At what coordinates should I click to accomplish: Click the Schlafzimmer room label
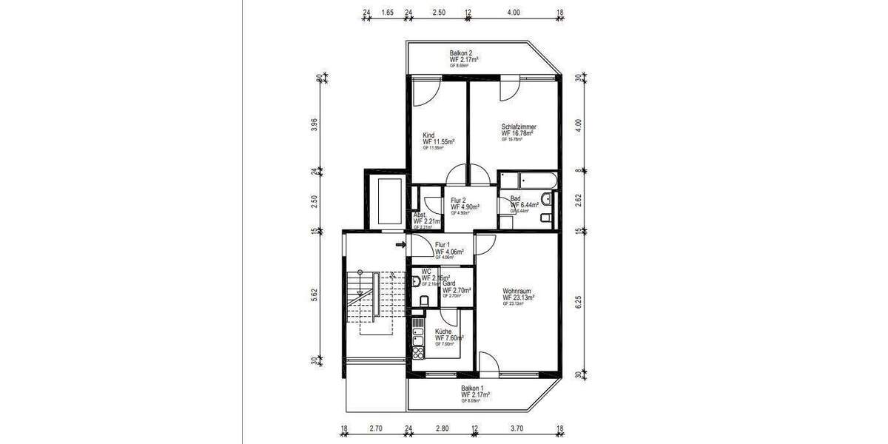(519, 127)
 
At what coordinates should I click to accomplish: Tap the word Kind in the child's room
(428, 135)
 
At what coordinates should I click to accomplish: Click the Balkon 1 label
(473, 388)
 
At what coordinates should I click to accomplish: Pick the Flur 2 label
(459, 201)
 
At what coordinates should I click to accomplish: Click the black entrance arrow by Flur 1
(401, 244)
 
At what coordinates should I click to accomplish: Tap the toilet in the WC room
(424, 300)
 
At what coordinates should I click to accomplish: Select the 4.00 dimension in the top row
(514, 13)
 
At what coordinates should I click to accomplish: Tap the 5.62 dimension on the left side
(314, 294)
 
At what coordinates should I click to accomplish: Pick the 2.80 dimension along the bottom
(443, 428)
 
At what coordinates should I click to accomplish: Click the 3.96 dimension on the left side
(314, 124)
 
